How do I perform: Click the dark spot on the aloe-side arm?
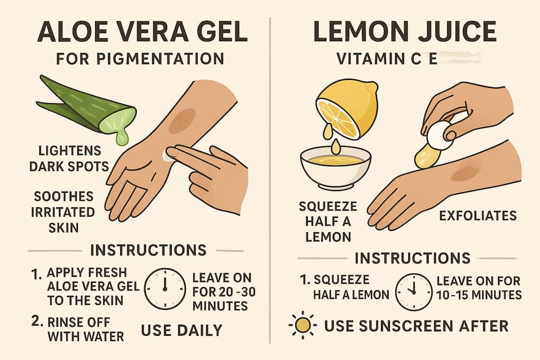[x=182, y=120]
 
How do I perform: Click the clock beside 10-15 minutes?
[x=414, y=291]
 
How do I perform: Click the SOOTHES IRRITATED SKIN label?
[x=64, y=211]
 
